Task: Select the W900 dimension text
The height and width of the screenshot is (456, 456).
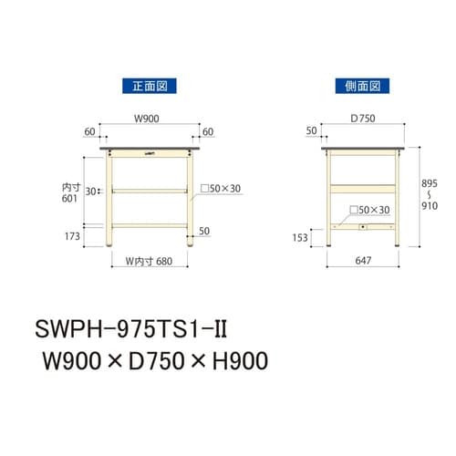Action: [x=149, y=118]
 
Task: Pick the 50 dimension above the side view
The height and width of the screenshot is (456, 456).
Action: [x=313, y=132]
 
